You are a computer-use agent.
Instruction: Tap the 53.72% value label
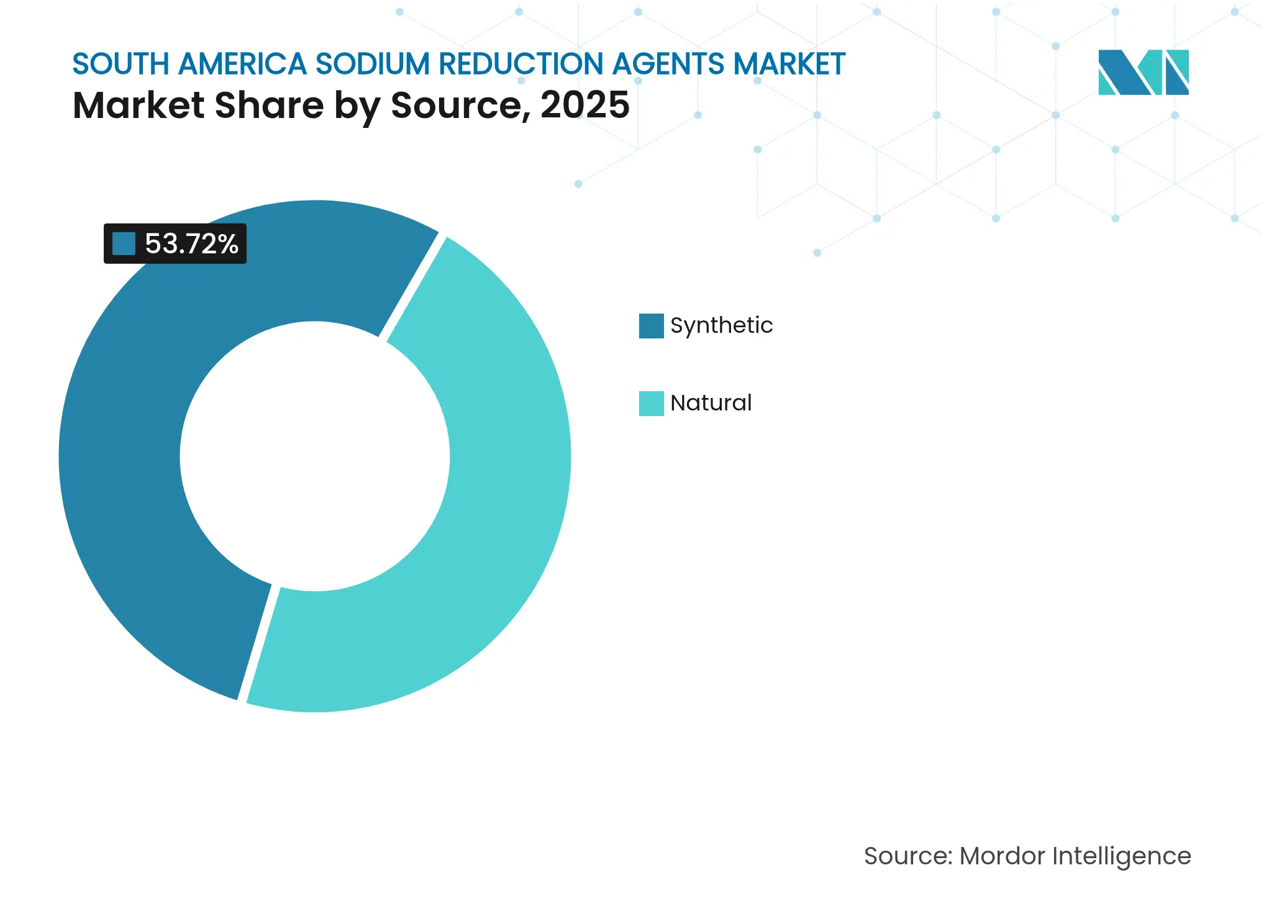tap(191, 243)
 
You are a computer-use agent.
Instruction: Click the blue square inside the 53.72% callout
tap(124, 243)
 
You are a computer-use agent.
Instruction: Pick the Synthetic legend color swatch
tap(651, 326)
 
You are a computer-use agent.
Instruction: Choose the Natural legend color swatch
tap(651, 404)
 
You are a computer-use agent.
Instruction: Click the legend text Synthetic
tap(721, 325)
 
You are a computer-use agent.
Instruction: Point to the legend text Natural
tap(711, 403)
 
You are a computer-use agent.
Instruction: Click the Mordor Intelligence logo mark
tap(1143, 72)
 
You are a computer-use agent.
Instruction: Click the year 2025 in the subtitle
tap(584, 105)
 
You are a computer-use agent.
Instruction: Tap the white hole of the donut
tap(315, 456)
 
